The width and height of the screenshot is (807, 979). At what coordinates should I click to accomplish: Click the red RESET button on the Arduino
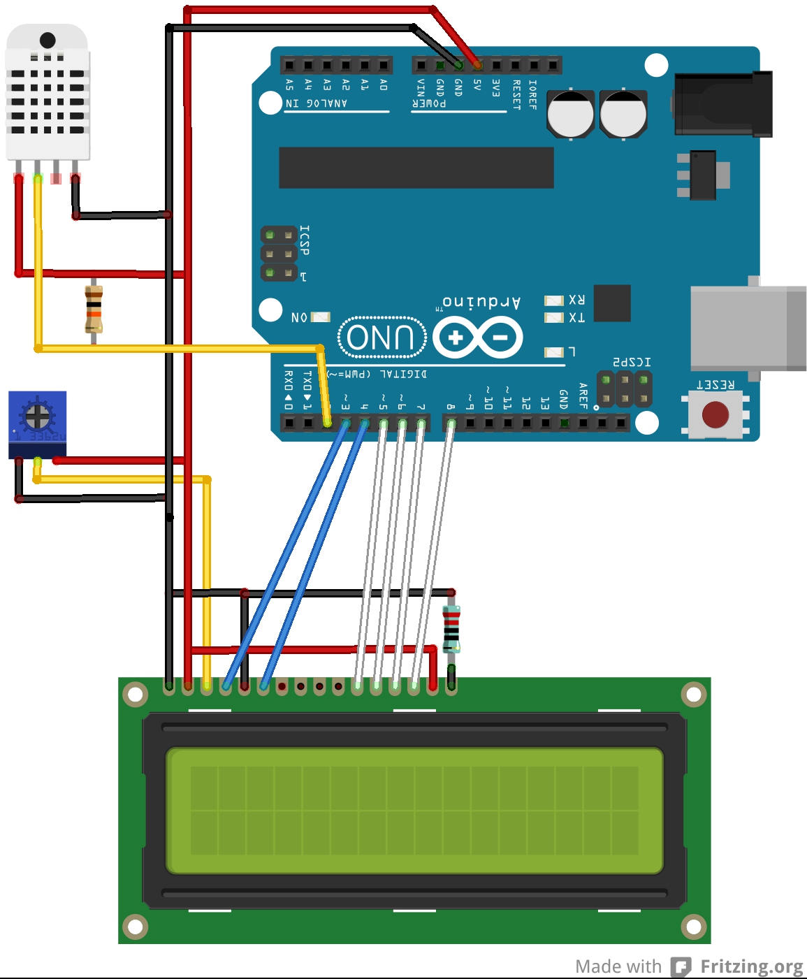click(x=715, y=414)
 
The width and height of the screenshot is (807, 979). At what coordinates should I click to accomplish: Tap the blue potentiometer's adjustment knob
click(x=37, y=416)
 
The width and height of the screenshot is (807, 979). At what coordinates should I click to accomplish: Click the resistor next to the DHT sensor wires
click(x=94, y=309)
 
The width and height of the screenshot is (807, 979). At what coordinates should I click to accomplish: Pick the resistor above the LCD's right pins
click(x=451, y=630)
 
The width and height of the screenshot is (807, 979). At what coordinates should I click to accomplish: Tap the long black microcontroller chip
click(x=416, y=168)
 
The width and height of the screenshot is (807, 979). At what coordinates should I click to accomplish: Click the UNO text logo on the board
click(x=381, y=338)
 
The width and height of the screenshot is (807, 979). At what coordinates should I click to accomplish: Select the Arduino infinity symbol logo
click(x=478, y=338)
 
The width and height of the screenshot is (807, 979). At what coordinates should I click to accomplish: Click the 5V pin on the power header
click(x=477, y=66)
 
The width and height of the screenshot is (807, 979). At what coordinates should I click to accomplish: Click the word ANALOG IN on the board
click(x=317, y=103)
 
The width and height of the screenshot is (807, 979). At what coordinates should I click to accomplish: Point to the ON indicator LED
click(x=321, y=317)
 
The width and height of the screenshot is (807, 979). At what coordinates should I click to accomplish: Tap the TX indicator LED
click(x=554, y=318)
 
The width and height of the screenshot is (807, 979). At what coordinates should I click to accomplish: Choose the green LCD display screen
click(x=414, y=811)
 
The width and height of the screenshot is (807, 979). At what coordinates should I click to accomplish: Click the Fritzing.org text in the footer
click(x=751, y=966)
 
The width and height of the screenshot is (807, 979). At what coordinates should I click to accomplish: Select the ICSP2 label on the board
click(x=632, y=362)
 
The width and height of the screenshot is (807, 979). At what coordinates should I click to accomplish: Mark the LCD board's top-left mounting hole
click(x=135, y=695)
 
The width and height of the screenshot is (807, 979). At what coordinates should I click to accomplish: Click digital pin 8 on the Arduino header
click(x=451, y=423)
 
